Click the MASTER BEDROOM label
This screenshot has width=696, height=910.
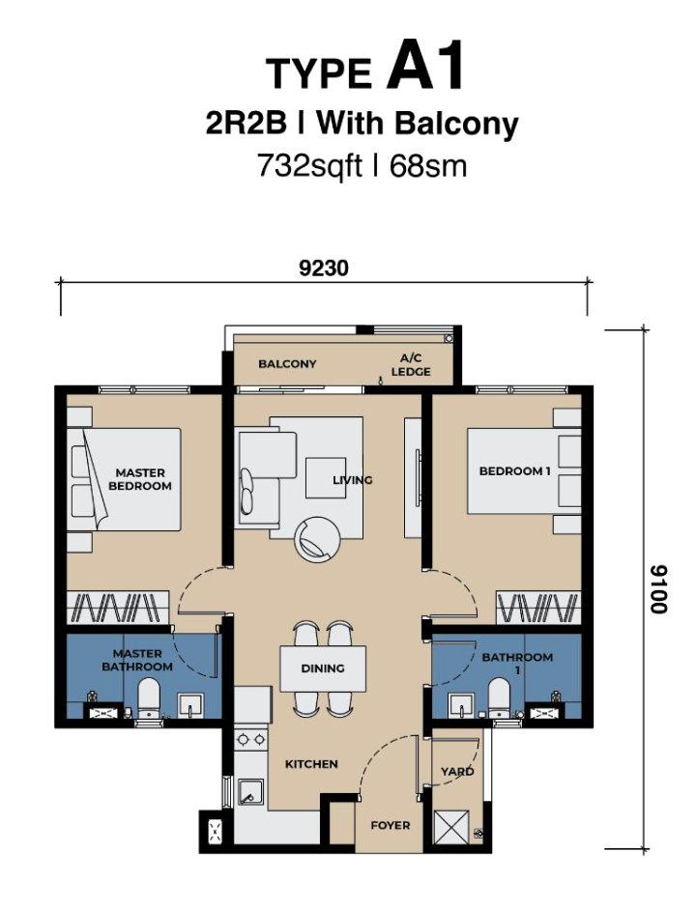coord(139,479)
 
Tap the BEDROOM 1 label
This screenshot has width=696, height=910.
coord(514,470)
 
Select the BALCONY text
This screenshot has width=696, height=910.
coord(287,364)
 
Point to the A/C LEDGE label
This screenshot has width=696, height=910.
coord(411,365)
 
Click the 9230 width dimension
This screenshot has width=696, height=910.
coord(324,269)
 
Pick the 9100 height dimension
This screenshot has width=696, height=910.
coord(659,589)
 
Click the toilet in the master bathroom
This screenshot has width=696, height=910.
coord(148,699)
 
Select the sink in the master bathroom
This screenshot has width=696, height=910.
coord(189,704)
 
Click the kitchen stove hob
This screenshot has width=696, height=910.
coord(250,739)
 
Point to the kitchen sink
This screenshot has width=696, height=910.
coord(250,792)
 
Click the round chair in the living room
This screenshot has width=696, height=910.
coord(318,539)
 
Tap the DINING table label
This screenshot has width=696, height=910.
coord(323,668)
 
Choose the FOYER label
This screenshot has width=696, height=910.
coord(391,825)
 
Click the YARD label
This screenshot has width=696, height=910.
coord(457,771)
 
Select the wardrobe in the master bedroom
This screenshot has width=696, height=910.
coord(117,608)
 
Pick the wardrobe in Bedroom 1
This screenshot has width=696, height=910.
coord(538,608)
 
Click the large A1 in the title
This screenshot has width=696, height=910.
coord(426,66)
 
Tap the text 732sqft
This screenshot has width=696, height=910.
coord(309,167)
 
